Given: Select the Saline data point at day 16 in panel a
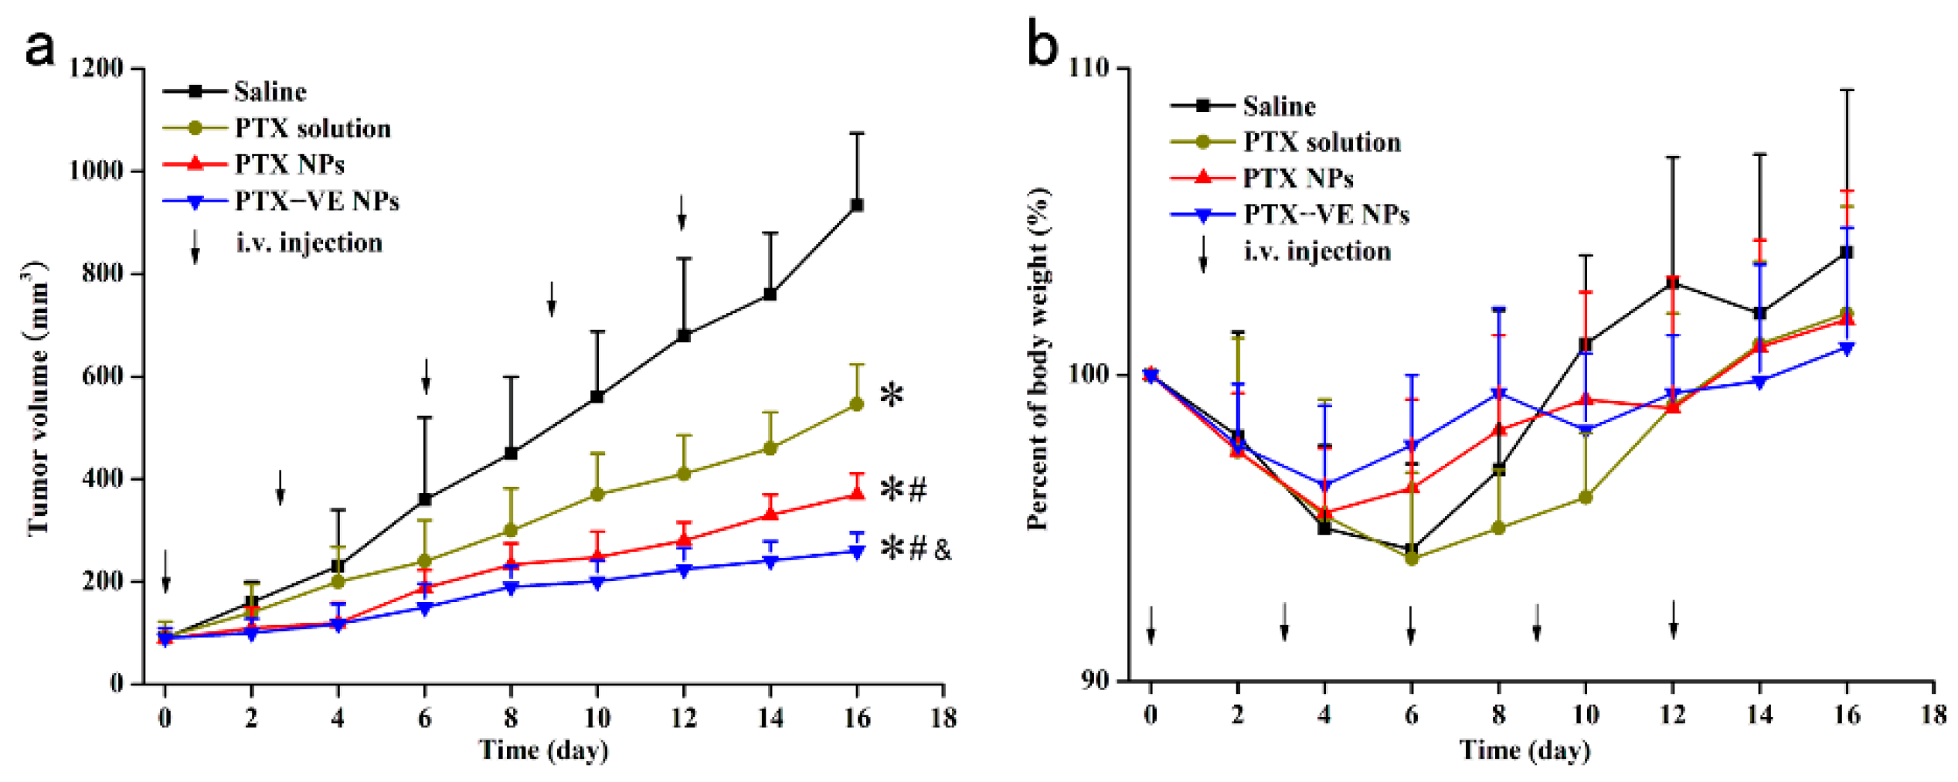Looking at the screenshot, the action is (x=856, y=205).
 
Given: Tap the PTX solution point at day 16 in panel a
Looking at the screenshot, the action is (x=856, y=404).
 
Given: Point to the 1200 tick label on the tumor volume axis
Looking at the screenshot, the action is (x=96, y=68).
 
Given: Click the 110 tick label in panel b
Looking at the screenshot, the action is (x=1089, y=68).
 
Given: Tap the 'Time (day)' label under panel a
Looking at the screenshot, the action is (x=544, y=750).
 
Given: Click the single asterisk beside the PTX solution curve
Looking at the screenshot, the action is (x=892, y=395).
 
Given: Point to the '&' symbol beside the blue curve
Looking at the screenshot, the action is (x=943, y=550).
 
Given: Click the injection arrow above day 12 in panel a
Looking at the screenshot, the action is (x=682, y=212).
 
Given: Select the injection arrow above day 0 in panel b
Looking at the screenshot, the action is (x=1151, y=624).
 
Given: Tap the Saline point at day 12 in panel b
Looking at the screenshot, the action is (x=1673, y=283).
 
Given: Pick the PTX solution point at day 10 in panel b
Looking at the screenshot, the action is (x=1586, y=498).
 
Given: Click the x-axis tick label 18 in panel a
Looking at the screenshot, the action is (x=943, y=718).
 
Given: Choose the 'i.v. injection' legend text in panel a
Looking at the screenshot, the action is (x=309, y=243).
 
